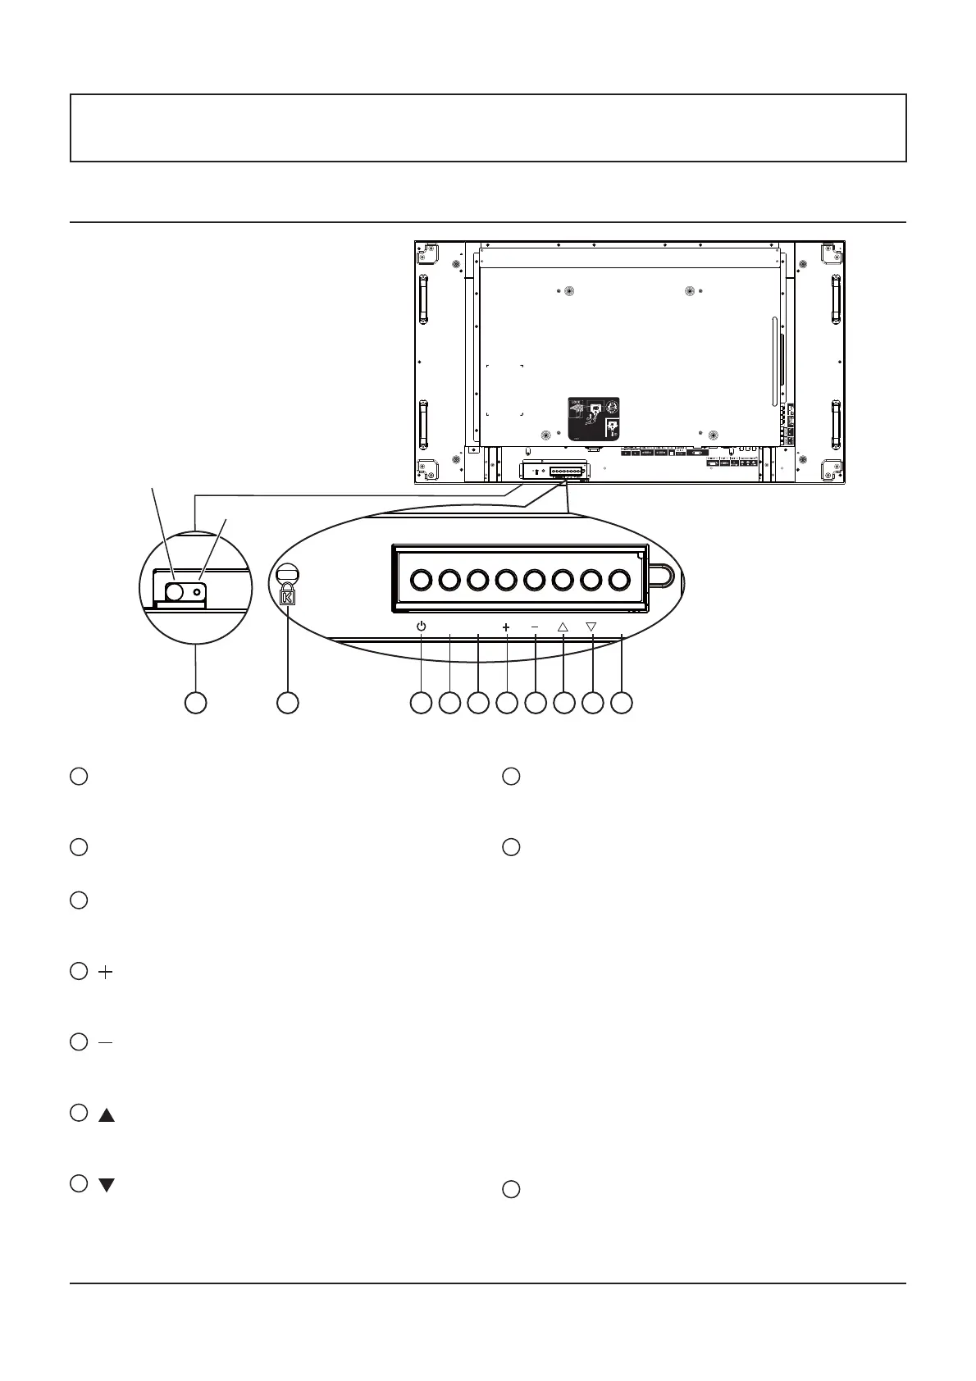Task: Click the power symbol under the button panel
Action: pos(421,627)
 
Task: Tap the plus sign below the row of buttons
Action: pos(506,627)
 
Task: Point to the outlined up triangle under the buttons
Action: pos(563,627)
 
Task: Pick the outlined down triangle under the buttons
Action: pos(591,627)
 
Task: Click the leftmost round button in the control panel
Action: pos(421,581)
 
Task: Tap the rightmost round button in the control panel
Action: pos(619,581)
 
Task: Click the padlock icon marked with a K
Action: pos(288,597)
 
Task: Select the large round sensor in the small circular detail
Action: pos(174,591)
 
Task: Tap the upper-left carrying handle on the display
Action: pos(423,300)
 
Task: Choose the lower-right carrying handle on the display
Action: pos(835,425)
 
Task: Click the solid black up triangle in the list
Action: pos(107,1115)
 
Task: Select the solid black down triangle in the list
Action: pos(107,1185)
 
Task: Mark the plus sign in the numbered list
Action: pos(106,972)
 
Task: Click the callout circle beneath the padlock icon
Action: pos(287,703)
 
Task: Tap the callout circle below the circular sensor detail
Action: pos(195,703)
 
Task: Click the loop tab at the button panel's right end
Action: pos(663,576)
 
